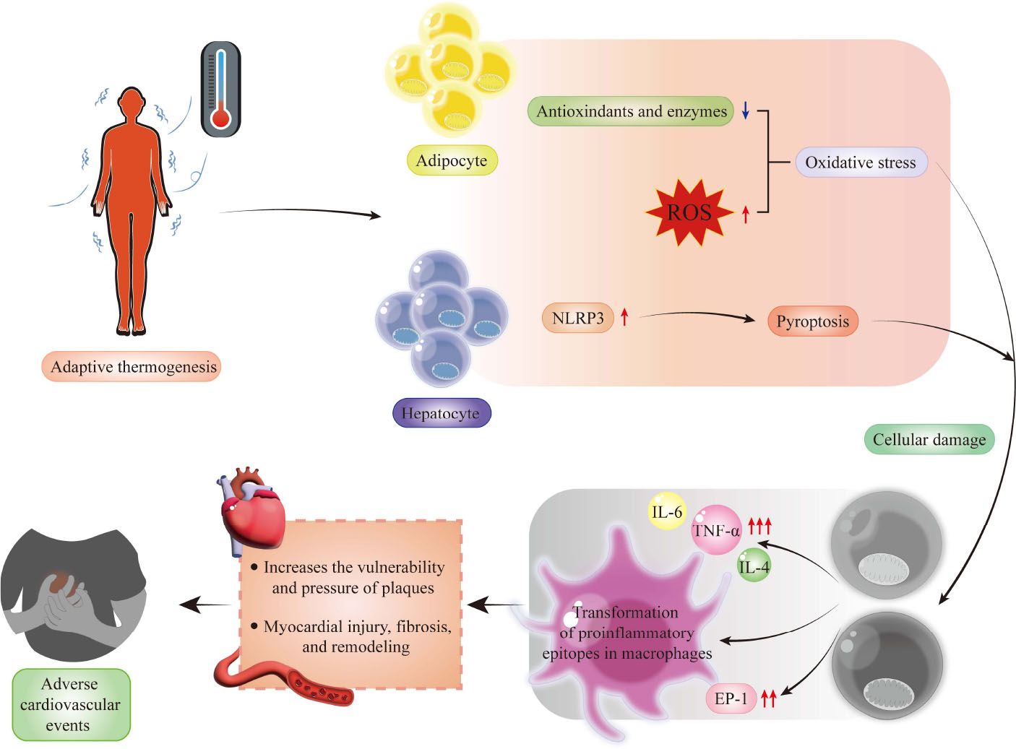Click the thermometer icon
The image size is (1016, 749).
[220, 89]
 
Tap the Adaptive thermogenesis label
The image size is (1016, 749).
[132, 367]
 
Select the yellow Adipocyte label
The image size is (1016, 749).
[452, 160]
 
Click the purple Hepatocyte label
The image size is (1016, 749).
[441, 413]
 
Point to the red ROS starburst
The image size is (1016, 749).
[689, 212]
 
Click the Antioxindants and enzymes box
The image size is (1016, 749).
[631, 111]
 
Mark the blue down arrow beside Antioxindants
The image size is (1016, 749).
[746, 111]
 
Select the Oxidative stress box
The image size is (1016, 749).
[860, 163]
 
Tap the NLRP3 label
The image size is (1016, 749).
[577, 318]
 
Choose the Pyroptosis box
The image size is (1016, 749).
[812, 321]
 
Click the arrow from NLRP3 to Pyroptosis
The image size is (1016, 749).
[697, 314]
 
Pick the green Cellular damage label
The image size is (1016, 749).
[929, 439]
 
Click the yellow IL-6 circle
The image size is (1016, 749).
[666, 512]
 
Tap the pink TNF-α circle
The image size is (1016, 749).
[716, 530]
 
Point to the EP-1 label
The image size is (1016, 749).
[731, 698]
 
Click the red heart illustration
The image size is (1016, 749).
[253, 510]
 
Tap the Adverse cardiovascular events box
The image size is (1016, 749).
[71, 704]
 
